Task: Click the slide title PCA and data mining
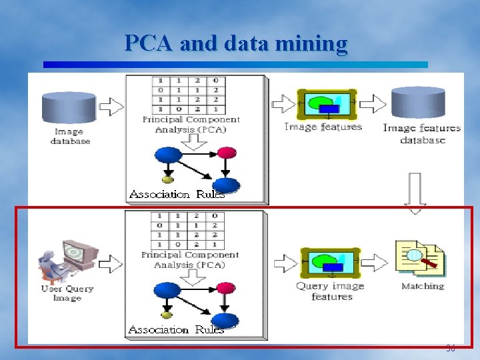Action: point(236,43)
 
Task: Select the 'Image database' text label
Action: point(70,137)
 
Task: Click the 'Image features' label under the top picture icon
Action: point(323,127)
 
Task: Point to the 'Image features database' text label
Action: point(422,134)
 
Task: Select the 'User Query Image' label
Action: point(67,293)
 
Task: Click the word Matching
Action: point(423,286)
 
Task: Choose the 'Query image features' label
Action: point(331,291)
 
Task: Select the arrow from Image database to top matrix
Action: point(111,105)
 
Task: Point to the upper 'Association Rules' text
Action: point(177,195)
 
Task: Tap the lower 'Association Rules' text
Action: point(176,329)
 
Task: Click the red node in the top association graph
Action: point(227,153)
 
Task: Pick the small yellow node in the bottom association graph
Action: point(167,315)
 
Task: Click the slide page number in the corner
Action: point(451,349)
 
